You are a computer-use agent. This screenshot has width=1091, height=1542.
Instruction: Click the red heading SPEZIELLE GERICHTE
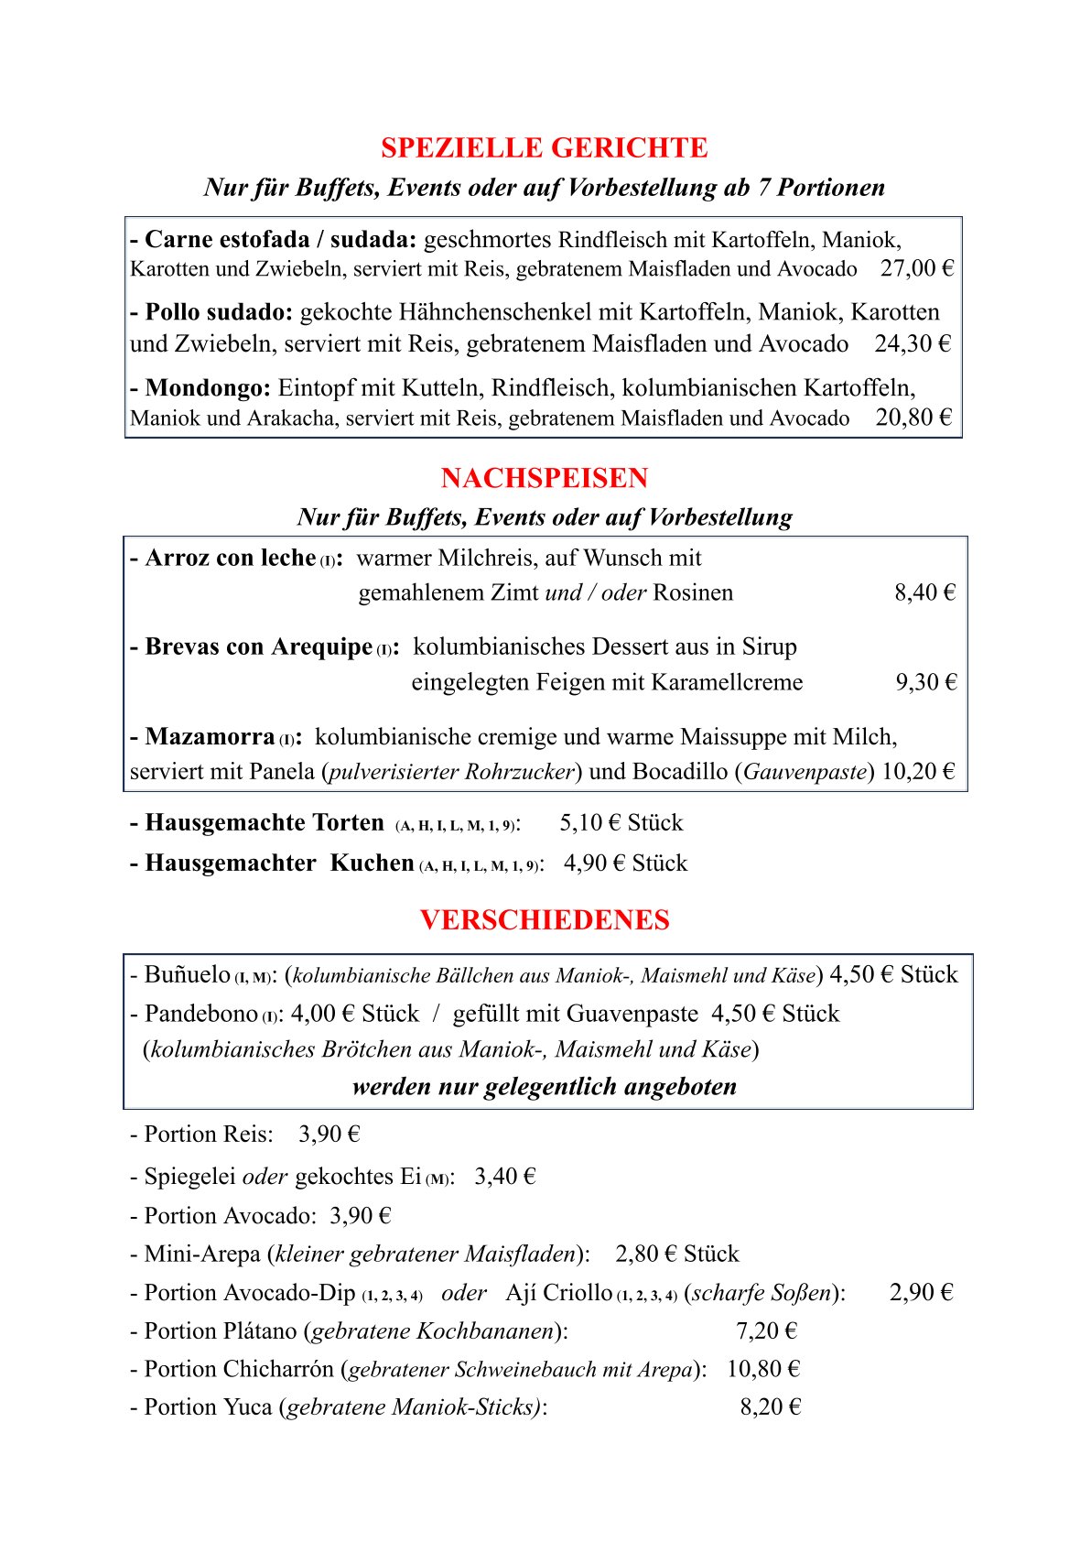pyautogui.click(x=544, y=148)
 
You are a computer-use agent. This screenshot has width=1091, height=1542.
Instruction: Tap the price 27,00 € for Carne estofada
pyautogui.click(x=916, y=268)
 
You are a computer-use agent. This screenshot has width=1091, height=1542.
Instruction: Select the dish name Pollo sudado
pyautogui.click(x=218, y=312)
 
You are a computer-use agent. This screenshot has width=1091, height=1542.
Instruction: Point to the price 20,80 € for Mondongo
pyautogui.click(x=913, y=418)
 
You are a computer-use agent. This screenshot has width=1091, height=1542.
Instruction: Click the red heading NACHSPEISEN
pyautogui.click(x=544, y=478)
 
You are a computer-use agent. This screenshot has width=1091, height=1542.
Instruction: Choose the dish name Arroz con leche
pyautogui.click(x=230, y=558)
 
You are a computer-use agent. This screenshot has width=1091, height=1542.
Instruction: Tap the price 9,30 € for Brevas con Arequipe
pyautogui.click(x=925, y=682)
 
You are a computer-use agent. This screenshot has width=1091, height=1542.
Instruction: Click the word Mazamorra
pyautogui.click(x=210, y=737)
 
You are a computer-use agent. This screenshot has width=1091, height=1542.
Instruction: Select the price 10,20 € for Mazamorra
pyautogui.click(x=917, y=771)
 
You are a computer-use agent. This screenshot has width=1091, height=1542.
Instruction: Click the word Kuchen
pyautogui.click(x=372, y=863)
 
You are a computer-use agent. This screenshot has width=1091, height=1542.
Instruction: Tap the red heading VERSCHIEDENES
pyautogui.click(x=544, y=920)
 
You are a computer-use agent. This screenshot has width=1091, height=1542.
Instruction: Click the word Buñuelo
pyautogui.click(x=187, y=974)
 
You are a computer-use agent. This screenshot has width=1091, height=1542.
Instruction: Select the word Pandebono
pyautogui.click(x=200, y=1014)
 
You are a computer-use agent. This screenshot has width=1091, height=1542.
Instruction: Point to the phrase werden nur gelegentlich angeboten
pyautogui.click(x=544, y=1087)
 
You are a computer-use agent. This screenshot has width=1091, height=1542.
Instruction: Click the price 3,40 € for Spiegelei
pyautogui.click(x=504, y=1176)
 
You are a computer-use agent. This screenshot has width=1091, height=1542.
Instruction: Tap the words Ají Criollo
pyautogui.click(x=558, y=1292)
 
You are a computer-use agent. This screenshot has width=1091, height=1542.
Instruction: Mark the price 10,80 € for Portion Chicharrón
pyautogui.click(x=763, y=1369)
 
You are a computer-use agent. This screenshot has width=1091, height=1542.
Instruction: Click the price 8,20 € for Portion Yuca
pyautogui.click(x=770, y=1406)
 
